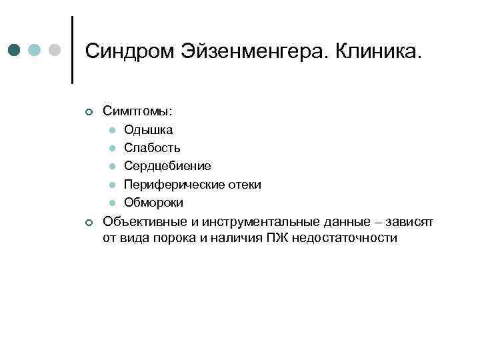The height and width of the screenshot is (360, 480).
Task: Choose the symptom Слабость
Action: click(x=152, y=147)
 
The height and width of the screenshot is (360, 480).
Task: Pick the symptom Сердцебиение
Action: click(x=167, y=166)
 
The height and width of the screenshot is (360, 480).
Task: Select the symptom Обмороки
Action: click(x=153, y=202)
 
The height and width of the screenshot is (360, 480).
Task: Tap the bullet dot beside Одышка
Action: click(x=113, y=130)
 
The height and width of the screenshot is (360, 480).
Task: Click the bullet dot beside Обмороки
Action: click(x=113, y=203)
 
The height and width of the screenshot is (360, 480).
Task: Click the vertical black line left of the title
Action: click(x=72, y=50)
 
